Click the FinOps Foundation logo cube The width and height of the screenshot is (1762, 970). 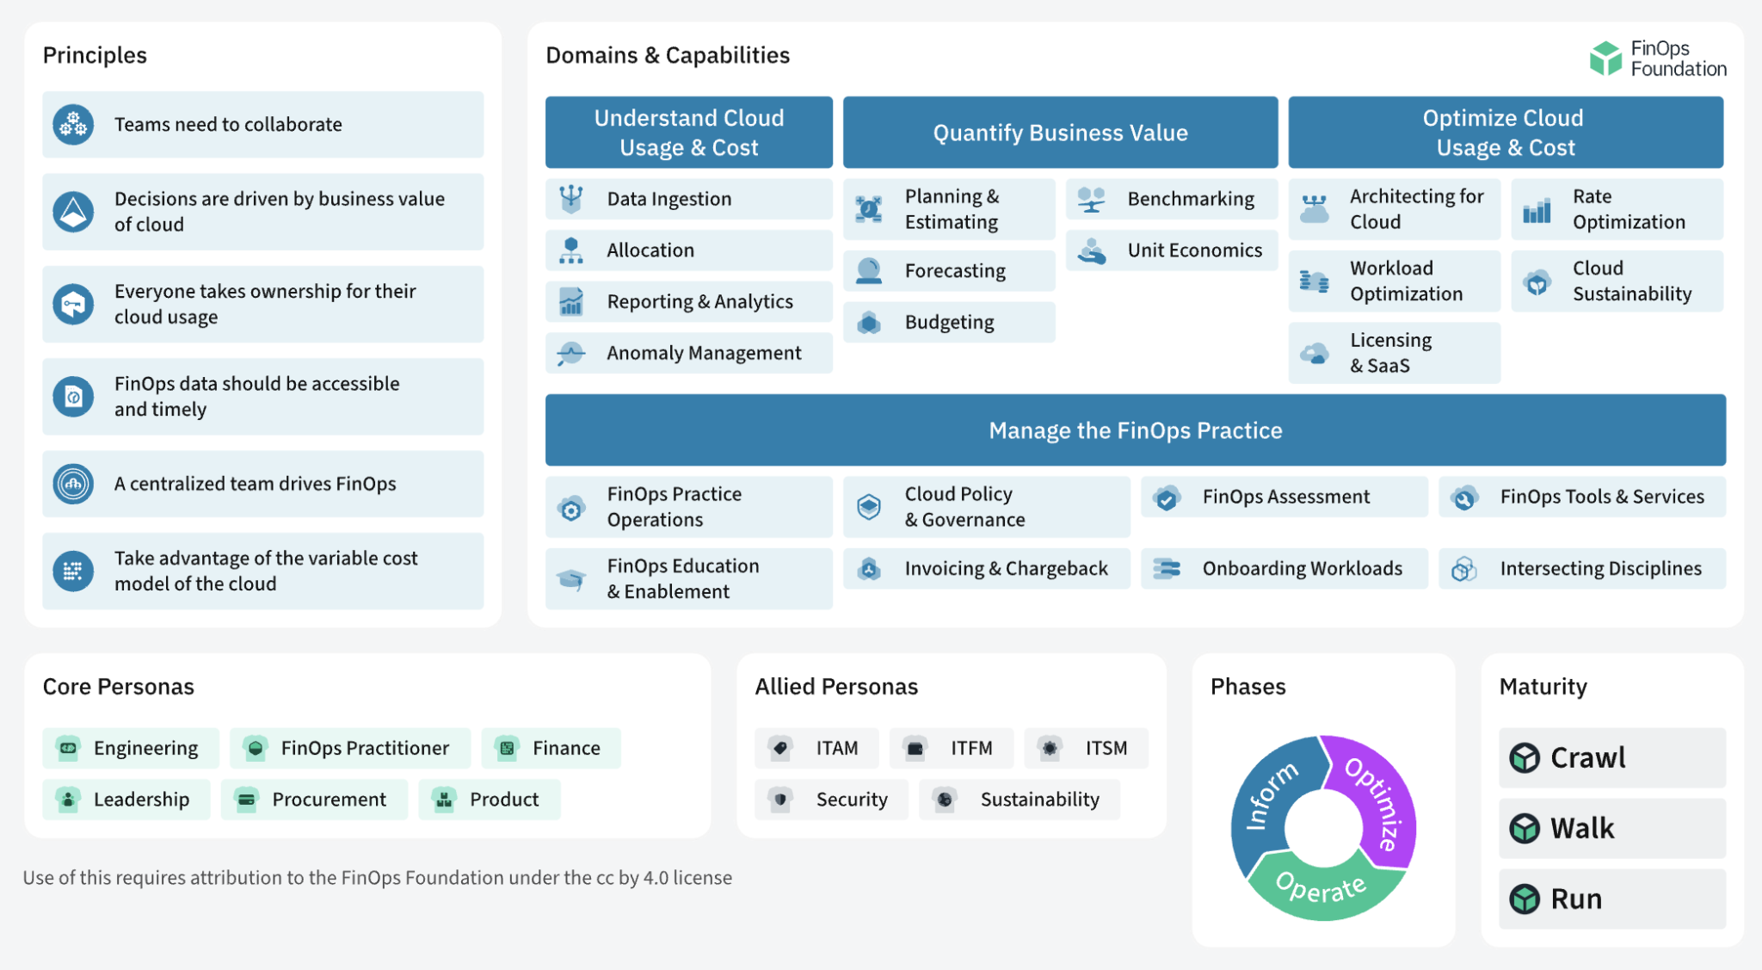tap(1605, 59)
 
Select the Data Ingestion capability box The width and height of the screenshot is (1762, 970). tap(688, 199)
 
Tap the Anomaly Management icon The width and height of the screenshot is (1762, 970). tap(570, 353)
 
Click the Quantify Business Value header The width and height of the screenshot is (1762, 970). tap(1060, 133)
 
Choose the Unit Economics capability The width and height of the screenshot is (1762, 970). tap(1172, 250)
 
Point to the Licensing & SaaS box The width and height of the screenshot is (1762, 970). tap(1394, 353)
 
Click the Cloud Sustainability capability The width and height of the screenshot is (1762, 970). tap(1617, 281)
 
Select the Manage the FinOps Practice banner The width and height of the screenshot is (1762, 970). tap(1135, 430)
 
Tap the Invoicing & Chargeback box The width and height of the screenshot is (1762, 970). tap(986, 569)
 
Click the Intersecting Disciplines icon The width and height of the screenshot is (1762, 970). tap(1463, 569)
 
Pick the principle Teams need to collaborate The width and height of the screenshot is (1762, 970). tap(262, 125)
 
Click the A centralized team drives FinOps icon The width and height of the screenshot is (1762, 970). tap(73, 484)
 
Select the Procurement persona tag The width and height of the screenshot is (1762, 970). tap(314, 800)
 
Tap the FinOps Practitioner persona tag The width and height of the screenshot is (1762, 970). tap(350, 748)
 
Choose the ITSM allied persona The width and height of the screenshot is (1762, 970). tap(1086, 748)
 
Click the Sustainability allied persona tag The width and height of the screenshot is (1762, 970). tap(1020, 800)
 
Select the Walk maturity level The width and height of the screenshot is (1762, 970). tap(1611, 828)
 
